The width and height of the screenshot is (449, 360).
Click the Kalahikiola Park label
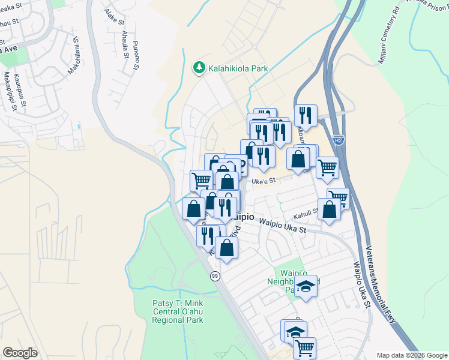point(238,68)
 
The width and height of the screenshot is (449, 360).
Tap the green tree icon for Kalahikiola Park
point(199,68)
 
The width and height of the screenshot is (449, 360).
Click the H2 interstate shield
point(339,140)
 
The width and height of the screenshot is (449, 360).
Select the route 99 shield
point(214,275)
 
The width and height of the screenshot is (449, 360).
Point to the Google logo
point(20,353)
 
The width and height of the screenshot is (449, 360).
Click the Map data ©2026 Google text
point(412,355)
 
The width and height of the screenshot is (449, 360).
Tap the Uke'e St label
point(263,180)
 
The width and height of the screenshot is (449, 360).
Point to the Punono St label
point(136,55)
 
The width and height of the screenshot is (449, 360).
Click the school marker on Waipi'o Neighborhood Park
point(306,286)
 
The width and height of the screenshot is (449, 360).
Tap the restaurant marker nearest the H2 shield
point(306,115)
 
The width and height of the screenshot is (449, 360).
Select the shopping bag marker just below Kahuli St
point(330,210)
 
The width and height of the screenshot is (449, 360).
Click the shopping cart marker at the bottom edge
point(305,347)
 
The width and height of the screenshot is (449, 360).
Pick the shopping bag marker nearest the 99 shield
point(226,247)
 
